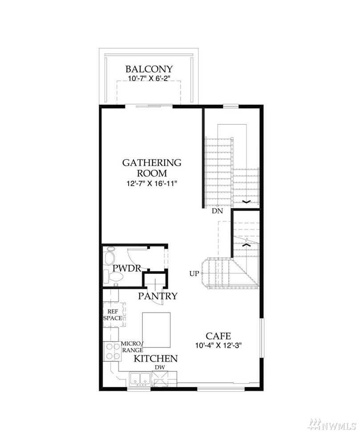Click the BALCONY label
coord(149,69)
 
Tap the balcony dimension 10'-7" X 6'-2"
coord(150,78)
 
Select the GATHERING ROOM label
coord(152,168)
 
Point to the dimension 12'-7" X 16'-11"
coord(152,183)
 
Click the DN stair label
coord(217,211)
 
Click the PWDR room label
coord(127,268)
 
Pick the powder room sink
coord(109,256)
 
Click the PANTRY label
coord(158,296)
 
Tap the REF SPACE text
coord(113,314)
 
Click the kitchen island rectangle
coord(156,330)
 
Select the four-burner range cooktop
coord(112,351)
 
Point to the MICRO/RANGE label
coord(132,347)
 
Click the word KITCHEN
coord(156,359)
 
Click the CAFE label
coord(218,336)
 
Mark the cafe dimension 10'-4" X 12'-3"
coord(218,345)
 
